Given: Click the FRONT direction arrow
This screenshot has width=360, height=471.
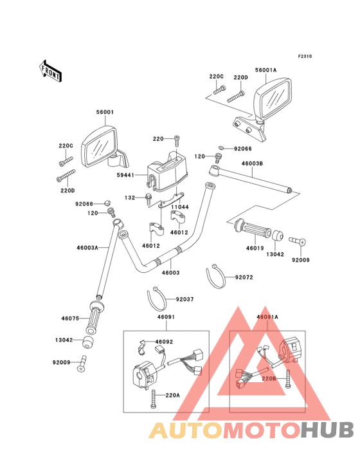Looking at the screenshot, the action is [x=50, y=71].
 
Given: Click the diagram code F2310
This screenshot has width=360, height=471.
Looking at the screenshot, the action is [x=305, y=56].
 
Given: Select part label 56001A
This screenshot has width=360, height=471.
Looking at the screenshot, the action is [x=265, y=70].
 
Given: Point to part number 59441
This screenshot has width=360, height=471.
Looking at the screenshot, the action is [x=125, y=175].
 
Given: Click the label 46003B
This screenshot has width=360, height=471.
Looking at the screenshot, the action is [x=252, y=163].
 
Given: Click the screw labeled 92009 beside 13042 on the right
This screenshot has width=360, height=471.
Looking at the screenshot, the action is [x=297, y=241].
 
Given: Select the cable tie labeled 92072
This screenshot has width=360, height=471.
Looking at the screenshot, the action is [x=215, y=276].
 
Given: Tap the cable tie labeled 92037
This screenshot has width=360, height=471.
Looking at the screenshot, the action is [x=157, y=299].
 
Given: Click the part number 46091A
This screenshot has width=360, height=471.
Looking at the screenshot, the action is [x=267, y=317].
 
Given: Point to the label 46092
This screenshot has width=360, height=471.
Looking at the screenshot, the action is [x=164, y=342].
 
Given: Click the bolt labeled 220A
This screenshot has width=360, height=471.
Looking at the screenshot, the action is [x=154, y=398].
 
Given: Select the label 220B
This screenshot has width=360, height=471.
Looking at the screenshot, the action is [x=269, y=378].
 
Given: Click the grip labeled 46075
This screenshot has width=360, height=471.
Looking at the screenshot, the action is [x=94, y=318].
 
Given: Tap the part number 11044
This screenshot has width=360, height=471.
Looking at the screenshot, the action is [x=180, y=207].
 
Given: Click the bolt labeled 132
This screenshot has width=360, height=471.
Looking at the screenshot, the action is [x=148, y=198].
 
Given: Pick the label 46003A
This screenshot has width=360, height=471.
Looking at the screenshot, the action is [x=87, y=248].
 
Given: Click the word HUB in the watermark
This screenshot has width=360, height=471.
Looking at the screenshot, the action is [x=328, y=430].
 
